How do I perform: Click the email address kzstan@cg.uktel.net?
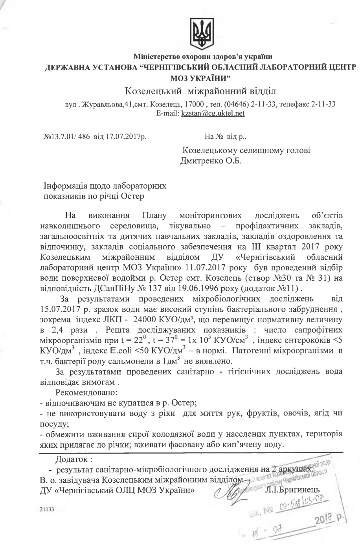coord(213,113)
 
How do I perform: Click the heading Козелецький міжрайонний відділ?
coord(200,91)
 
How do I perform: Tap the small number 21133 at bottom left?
coord(47,508)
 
